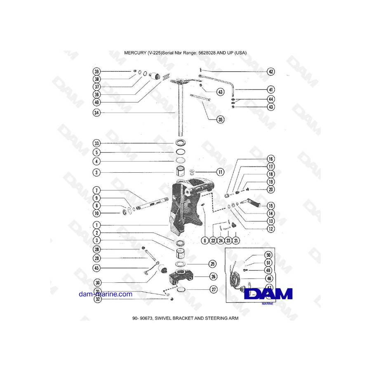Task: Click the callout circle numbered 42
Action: coord(271,72)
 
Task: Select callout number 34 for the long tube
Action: coord(96,113)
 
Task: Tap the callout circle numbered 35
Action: coord(221,120)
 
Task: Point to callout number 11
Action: coord(220,172)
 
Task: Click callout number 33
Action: coord(96,143)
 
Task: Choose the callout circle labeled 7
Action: coord(96,190)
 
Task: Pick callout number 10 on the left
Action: coord(96,213)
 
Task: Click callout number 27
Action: coord(213,290)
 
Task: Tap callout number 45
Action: coord(96,268)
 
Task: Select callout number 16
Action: coord(271,159)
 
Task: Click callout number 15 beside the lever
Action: coord(271,205)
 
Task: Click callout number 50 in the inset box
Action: coord(268,255)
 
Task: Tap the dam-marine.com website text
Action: coord(106,294)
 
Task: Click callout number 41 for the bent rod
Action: coord(271,89)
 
